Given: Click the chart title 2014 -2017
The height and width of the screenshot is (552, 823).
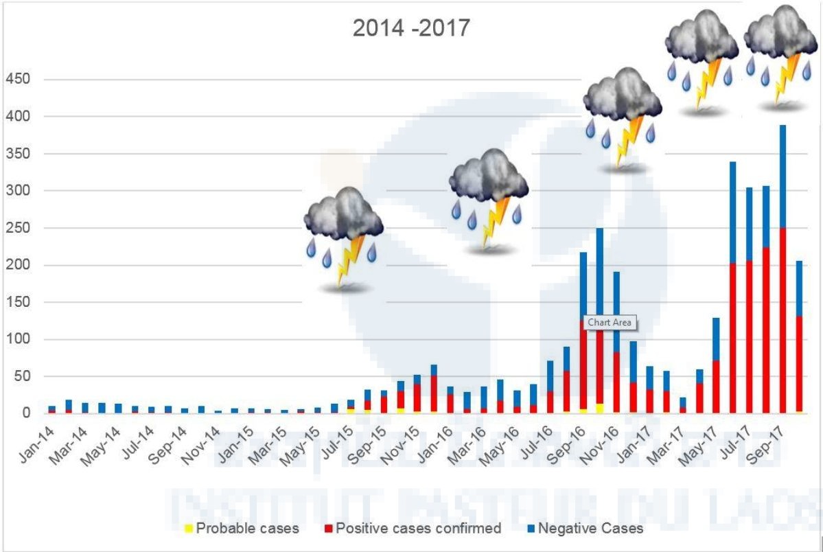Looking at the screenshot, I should (x=411, y=29).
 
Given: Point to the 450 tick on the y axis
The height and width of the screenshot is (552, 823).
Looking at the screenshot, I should (x=18, y=80).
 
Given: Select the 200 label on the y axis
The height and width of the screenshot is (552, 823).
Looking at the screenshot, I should (x=18, y=265).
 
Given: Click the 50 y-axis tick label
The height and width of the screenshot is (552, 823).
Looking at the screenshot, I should (x=22, y=376).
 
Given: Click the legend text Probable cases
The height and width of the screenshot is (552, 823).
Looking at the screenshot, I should (x=247, y=529).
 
